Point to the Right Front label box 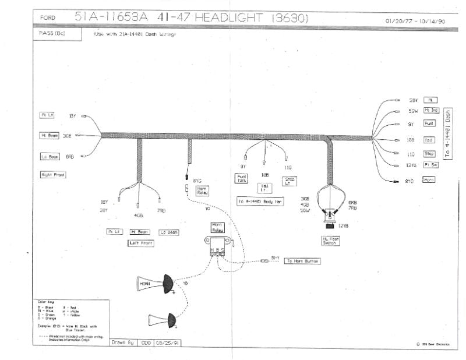click(53, 174)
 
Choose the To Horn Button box click(302, 261)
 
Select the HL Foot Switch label click(330, 240)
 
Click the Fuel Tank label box click(242, 179)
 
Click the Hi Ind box click(431, 110)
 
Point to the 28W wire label click(413, 100)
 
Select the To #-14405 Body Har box click(260, 201)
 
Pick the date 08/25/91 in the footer click(167, 343)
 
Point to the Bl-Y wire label click(276, 257)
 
